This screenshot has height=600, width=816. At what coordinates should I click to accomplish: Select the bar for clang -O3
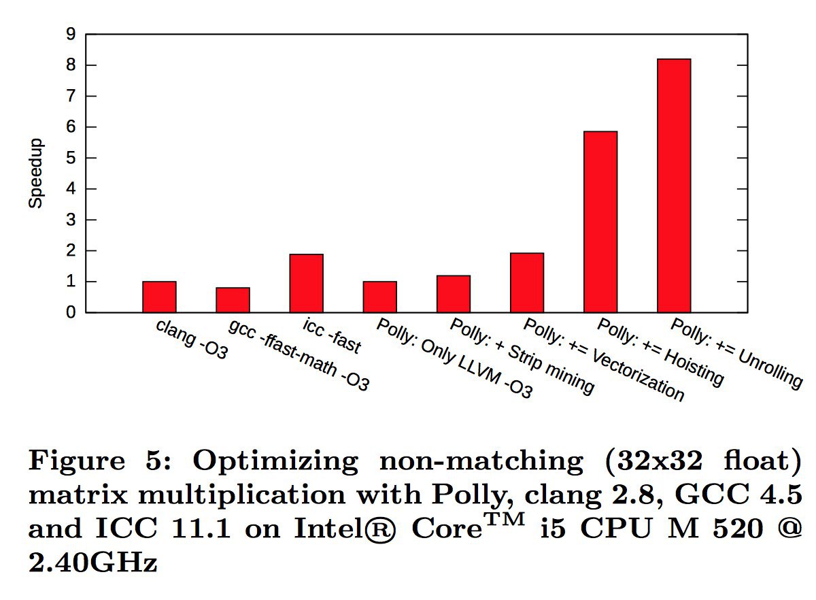coord(159,297)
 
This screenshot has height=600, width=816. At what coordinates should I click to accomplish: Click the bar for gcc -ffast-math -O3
coord(233,300)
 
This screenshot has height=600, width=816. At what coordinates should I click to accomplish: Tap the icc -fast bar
coord(306,284)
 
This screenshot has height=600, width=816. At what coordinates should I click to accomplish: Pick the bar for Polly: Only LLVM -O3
coord(379,297)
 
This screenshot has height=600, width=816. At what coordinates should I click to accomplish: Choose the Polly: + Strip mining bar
coord(453,294)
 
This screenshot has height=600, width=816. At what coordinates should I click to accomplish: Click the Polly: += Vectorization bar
coord(526,283)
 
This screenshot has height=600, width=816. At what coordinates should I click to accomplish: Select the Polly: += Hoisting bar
coord(600,222)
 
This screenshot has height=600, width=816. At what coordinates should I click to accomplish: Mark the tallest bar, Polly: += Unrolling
coord(673,186)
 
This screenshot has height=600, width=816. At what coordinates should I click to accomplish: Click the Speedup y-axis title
coord(36,173)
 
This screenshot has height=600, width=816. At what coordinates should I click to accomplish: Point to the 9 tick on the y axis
coord(71,34)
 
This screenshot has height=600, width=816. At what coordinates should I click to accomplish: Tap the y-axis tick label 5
coord(71,158)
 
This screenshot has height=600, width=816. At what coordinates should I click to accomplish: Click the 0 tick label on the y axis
coord(71,313)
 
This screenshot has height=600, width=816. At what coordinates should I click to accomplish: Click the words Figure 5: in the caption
coord(101,462)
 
